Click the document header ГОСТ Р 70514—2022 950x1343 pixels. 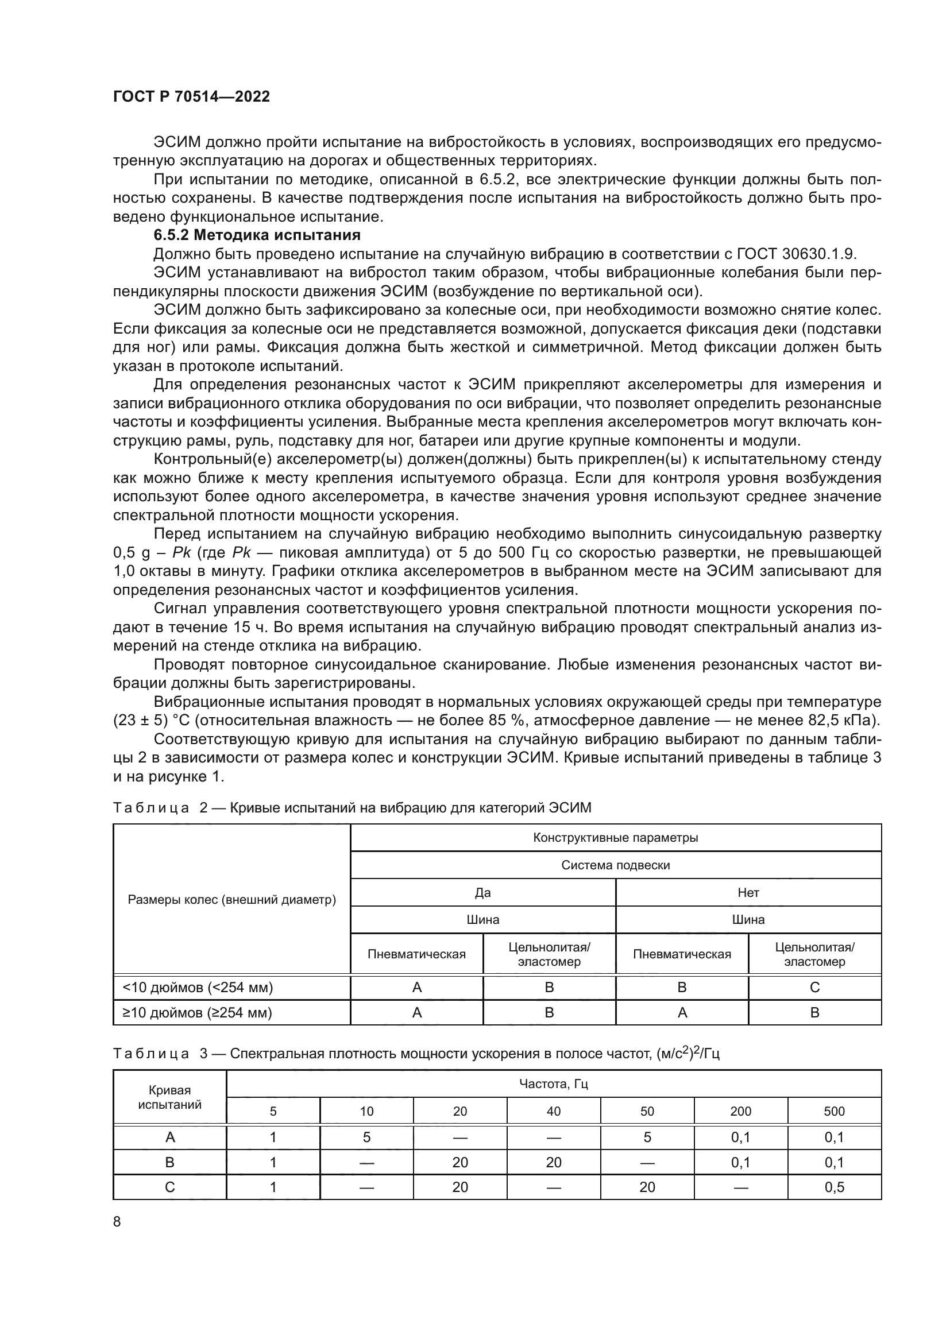point(191,97)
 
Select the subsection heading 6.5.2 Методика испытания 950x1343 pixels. point(257,235)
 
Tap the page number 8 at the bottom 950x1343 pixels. point(117,1221)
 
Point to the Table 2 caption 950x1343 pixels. point(352,808)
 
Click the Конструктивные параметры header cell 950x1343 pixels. point(615,838)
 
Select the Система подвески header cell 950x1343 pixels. point(615,865)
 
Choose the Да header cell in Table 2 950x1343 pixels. point(482,893)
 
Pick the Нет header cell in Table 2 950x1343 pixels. point(748,893)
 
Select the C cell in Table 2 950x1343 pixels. point(815,988)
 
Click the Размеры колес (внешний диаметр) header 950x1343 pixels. point(231,900)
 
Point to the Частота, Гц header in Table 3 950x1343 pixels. point(553,1084)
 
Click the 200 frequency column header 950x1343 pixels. point(740,1112)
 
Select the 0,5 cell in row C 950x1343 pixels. point(834,1187)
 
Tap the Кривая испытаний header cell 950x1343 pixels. point(169,1097)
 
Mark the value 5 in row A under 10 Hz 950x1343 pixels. point(367,1137)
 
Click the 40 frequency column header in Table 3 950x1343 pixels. point(553,1112)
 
